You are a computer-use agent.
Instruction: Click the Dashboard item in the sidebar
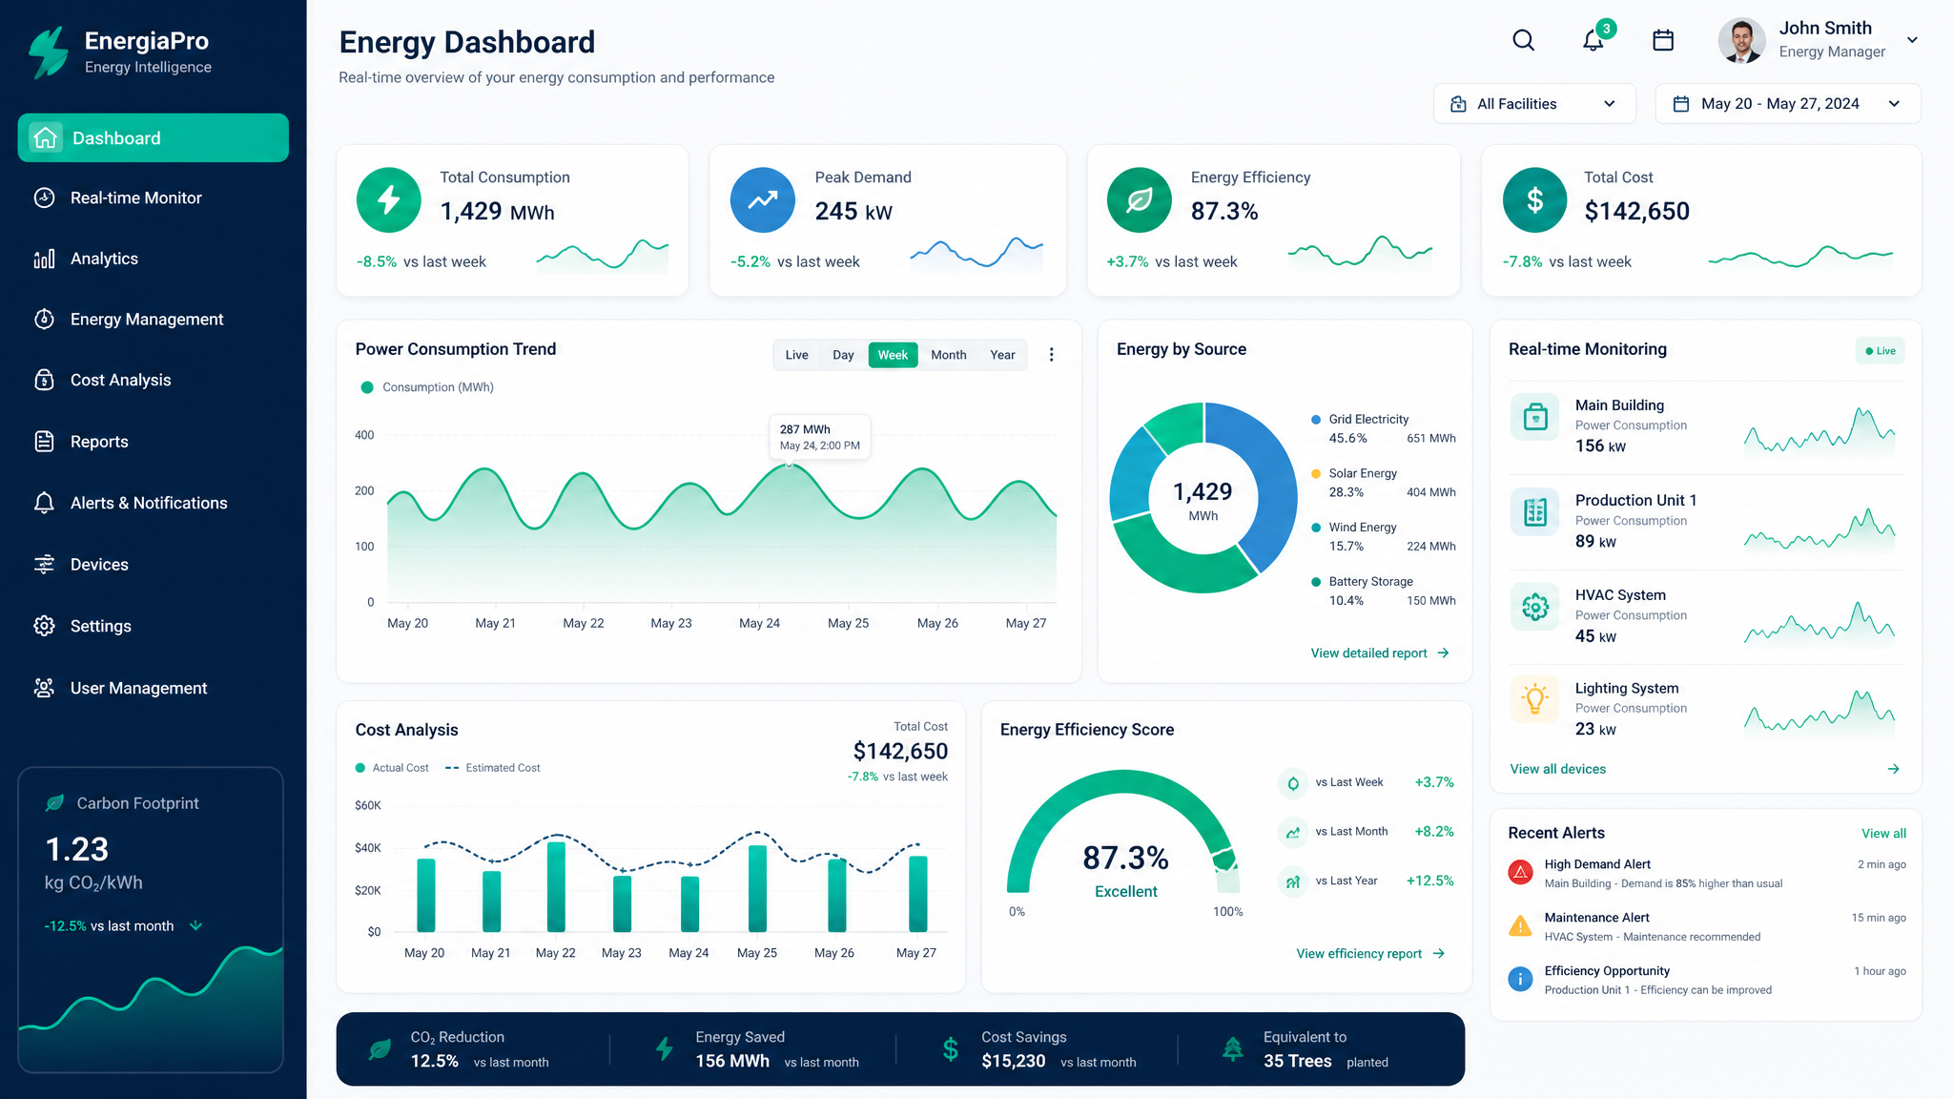153,138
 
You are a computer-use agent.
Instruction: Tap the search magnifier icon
1523,40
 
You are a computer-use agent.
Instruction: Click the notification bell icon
1593,40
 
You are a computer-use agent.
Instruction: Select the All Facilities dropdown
1534,104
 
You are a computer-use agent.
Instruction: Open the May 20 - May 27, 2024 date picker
1788,104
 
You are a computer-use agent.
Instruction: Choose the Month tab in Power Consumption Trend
948,355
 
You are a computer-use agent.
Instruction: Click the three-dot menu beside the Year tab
1052,355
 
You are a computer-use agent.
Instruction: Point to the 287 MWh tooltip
820,437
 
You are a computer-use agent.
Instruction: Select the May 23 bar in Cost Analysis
622,902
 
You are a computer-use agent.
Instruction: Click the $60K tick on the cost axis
367,805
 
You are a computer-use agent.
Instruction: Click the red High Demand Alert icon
1520,872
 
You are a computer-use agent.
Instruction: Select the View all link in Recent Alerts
1883,834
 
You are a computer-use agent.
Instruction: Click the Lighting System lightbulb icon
1535,699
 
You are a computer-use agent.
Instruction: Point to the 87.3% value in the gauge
1125,858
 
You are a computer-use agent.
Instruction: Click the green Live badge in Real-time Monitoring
1881,351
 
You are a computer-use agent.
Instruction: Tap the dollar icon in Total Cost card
1534,200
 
